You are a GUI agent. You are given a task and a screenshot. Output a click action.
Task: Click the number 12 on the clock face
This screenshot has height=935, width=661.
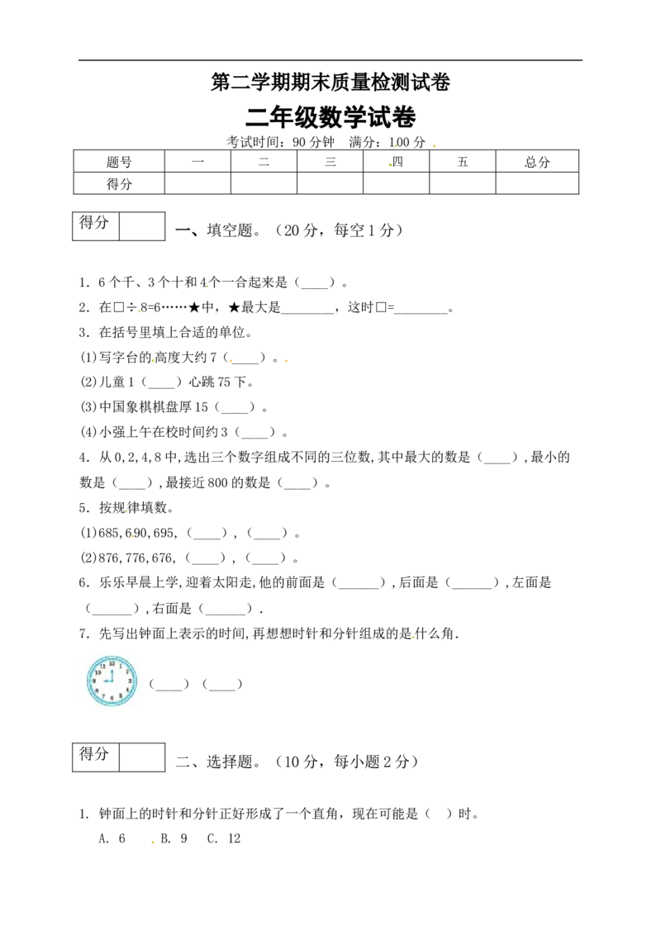tap(112, 663)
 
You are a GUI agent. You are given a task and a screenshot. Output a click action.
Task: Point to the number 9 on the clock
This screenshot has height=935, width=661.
tap(94, 681)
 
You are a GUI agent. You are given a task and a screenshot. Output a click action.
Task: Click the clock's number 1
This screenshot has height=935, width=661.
tap(121, 666)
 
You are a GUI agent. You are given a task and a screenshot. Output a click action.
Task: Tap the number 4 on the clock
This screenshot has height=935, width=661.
tap(127, 690)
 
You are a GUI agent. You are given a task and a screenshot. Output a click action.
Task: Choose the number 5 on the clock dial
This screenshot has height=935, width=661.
tap(121, 696)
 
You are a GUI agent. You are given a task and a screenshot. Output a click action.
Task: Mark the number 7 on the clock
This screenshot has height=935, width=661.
tap(103, 696)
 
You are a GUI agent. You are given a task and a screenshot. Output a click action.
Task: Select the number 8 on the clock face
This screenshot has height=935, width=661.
tap(97, 690)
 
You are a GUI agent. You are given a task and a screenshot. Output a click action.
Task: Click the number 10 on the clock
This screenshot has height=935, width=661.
tap(97, 672)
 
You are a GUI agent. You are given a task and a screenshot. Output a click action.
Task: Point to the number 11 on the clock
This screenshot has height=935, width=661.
tap(103, 666)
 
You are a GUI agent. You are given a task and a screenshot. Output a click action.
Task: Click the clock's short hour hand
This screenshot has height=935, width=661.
tap(107, 681)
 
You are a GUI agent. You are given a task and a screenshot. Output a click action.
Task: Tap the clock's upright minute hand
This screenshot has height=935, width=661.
tap(112, 674)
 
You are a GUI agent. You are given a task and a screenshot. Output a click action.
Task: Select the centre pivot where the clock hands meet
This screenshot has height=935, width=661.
tap(112, 681)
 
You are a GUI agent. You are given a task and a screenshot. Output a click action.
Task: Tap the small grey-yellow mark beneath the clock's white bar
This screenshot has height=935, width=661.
tap(152, 842)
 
